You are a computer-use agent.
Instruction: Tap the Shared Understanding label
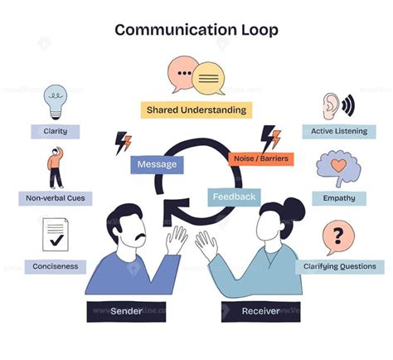pos(196,109)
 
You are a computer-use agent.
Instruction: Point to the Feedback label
pos(234,197)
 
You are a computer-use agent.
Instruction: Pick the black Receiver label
pos(260,311)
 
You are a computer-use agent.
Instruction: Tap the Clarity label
pos(56,131)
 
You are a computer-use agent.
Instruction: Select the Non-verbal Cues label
pos(56,198)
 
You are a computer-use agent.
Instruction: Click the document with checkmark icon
pos(56,235)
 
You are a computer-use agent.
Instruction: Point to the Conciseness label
pos(56,267)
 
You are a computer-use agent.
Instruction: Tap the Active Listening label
pos(338,131)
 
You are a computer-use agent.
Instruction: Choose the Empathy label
pos(338,198)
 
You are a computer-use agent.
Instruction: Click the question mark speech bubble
pos(335,237)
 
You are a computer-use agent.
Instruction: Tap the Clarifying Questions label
pos(338,267)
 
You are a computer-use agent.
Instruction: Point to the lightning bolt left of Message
pos(123,143)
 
